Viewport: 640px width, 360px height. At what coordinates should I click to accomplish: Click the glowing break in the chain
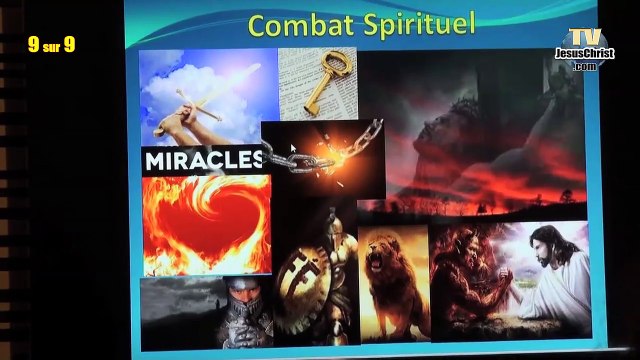[x=325, y=155]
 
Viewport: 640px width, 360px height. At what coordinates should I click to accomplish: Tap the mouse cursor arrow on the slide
[x=293, y=151]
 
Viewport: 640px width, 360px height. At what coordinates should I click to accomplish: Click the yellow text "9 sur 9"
[x=51, y=44]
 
